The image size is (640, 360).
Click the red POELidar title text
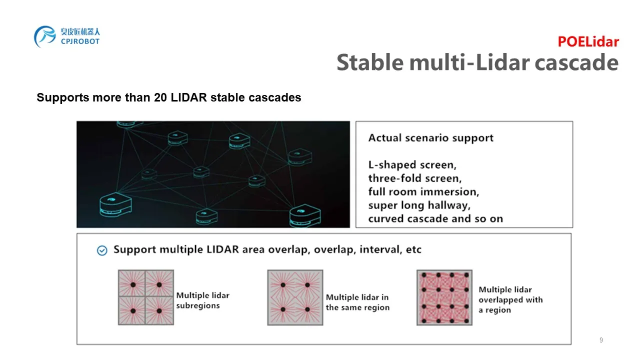(588, 41)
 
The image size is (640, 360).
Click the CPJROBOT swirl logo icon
(45, 36)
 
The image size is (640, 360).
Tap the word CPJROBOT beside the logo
(80, 41)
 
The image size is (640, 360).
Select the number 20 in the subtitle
(160, 97)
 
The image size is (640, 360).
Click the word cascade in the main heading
(576, 62)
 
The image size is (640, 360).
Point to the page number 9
(601, 340)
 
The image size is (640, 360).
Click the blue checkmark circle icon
(102, 250)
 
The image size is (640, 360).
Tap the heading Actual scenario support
(431, 138)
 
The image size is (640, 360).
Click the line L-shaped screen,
(412, 165)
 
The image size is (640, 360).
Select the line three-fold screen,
(415, 178)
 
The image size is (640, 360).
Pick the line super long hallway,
(419, 205)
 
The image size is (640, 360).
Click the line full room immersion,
(423, 191)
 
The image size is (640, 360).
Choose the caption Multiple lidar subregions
(203, 300)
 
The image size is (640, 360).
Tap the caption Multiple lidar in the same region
(357, 302)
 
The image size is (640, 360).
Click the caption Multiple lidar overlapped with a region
(510, 299)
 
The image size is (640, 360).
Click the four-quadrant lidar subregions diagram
(146, 297)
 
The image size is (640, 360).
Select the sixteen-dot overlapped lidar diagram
(444, 297)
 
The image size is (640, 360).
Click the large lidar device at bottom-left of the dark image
(115, 204)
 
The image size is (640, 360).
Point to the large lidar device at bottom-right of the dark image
(305, 215)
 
